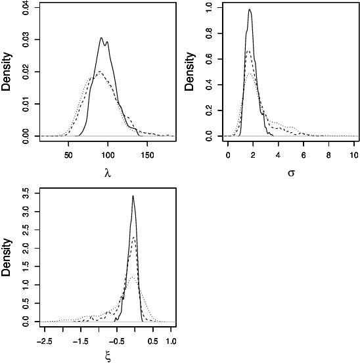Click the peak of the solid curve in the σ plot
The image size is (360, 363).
(x=250, y=9)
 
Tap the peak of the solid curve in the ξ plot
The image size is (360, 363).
(x=133, y=195)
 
